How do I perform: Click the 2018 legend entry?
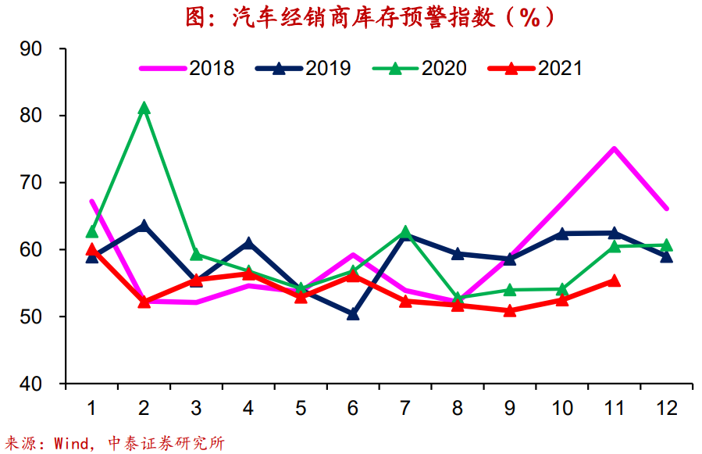click(x=187, y=68)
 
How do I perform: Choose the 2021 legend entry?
click(x=535, y=68)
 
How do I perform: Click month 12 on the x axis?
click(x=666, y=407)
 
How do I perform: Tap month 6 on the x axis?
click(x=353, y=407)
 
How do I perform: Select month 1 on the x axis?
click(x=92, y=407)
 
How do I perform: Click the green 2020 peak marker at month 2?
click(x=144, y=108)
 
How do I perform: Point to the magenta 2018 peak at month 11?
click(x=614, y=148)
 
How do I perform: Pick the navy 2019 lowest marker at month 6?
click(x=353, y=314)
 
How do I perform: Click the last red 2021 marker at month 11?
click(x=614, y=281)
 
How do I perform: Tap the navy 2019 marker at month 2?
click(x=144, y=226)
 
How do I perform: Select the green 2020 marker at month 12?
click(x=666, y=245)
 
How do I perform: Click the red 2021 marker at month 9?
click(x=510, y=310)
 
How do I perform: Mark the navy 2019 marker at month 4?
click(x=248, y=243)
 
